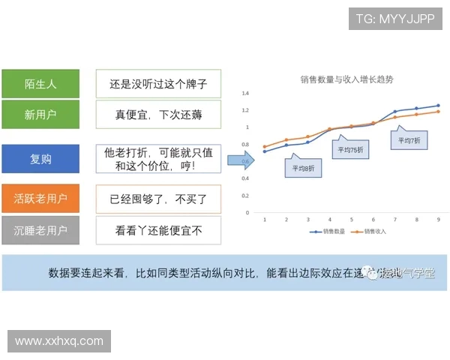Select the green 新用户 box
(x=40, y=115)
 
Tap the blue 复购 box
(x=40, y=159)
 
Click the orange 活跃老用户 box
(x=40, y=199)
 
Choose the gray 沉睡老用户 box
(x=40, y=230)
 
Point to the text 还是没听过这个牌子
(x=158, y=84)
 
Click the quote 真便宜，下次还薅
(x=158, y=115)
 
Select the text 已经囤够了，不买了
(x=158, y=199)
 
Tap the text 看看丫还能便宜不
(x=158, y=230)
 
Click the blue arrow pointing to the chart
(x=240, y=159)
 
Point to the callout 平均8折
(x=304, y=169)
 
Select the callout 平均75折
(x=350, y=149)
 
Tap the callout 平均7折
(x=409, y=140)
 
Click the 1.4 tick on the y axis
(x=244, y=94)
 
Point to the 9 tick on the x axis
(x=438, y=219)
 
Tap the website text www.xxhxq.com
(x=59, y=340)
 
